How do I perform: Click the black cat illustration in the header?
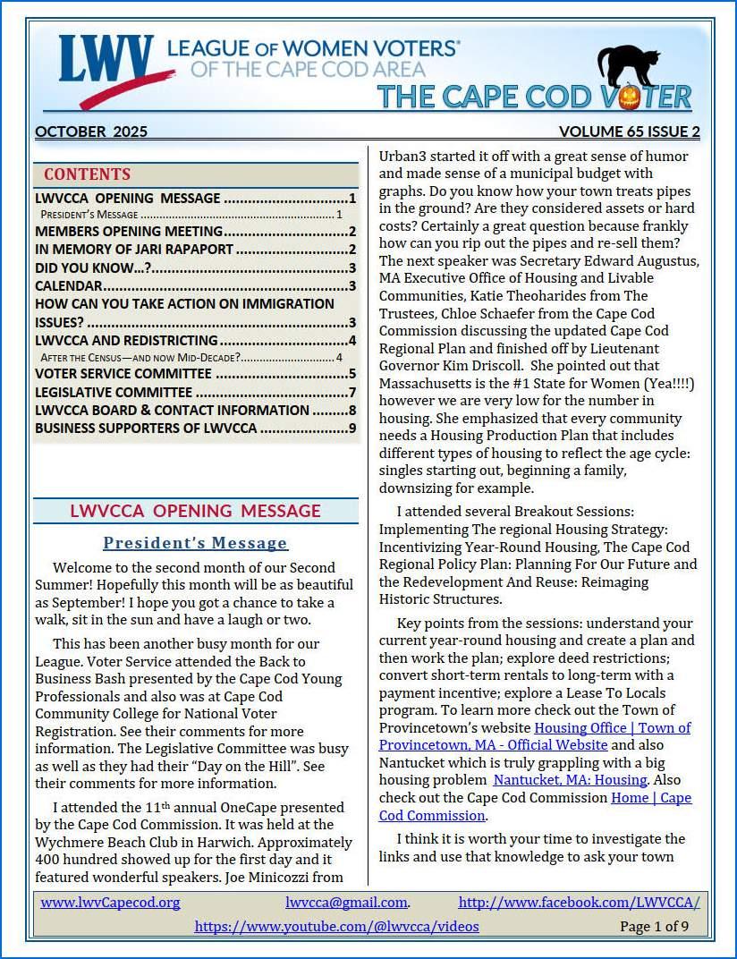628,66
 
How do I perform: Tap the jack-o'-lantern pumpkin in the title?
629,98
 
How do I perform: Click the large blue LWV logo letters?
106,61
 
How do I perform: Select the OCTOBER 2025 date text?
91,132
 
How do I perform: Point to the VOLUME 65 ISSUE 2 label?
629,132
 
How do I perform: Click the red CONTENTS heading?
87,174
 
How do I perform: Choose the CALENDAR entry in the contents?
69,286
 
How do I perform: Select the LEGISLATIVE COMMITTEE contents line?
114,392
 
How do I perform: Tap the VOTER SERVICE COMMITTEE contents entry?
123,374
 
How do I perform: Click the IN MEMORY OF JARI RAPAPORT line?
134,250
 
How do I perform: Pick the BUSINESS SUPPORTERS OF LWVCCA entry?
146,428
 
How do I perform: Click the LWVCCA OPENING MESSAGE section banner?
195,511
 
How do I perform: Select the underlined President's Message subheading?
195,543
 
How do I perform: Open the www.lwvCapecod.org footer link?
110,903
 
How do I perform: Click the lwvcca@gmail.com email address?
347,903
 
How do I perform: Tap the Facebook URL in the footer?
579,903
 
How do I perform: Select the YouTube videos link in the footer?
336,926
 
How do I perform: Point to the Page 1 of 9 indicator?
654,926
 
